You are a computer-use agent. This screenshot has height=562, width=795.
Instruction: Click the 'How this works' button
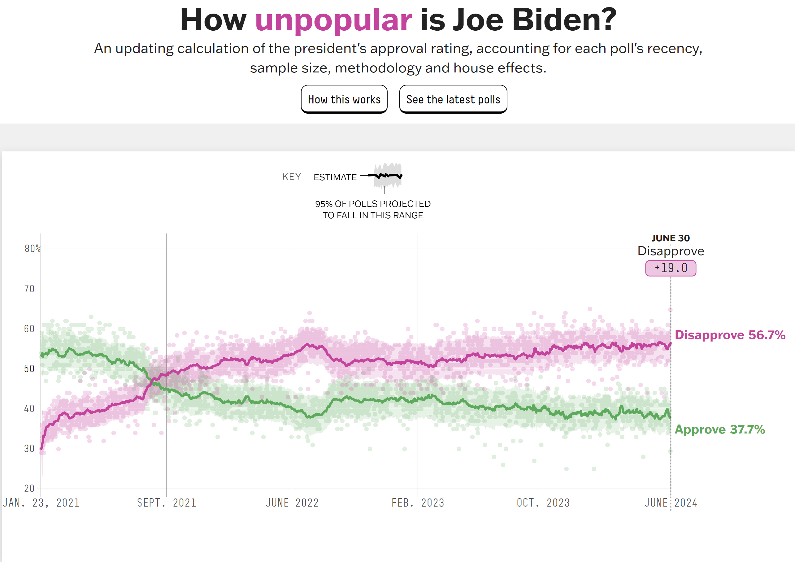click(x=344, y=99)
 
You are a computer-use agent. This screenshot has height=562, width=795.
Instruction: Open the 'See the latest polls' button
click(x=453, y=99)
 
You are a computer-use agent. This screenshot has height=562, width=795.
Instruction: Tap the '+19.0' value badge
click(x=671, y=268)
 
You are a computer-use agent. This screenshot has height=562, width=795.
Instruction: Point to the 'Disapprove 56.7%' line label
click(x=730, y=335)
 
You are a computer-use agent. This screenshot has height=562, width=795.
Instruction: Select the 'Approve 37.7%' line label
click(x=720, y=429)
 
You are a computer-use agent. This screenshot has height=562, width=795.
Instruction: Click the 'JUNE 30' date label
click(x=671, y=238)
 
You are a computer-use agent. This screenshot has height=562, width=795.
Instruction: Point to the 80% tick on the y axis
click(x=33, y=249)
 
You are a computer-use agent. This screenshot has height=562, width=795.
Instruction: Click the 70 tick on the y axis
click(x=29, y=289)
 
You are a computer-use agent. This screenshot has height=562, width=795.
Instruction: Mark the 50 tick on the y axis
click(x=29, y=369)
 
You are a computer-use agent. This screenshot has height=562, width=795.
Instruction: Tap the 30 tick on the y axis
click(x=29, y=449)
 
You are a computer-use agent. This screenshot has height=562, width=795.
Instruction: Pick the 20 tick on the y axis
click(x=29, y=489)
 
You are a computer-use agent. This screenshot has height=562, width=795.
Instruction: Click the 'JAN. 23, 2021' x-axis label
click(x=41, y=503)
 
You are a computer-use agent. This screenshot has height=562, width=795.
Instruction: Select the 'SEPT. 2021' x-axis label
click(x=167, y=503)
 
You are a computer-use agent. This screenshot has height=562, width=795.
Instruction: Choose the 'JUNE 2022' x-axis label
click(x=292, y=503)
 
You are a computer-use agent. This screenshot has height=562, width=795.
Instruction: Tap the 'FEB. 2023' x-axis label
click(x=418, y=503)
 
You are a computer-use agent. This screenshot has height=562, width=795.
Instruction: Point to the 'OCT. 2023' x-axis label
click(x=543, y=503)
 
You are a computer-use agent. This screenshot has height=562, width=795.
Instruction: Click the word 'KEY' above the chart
click(x=292, y=176)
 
